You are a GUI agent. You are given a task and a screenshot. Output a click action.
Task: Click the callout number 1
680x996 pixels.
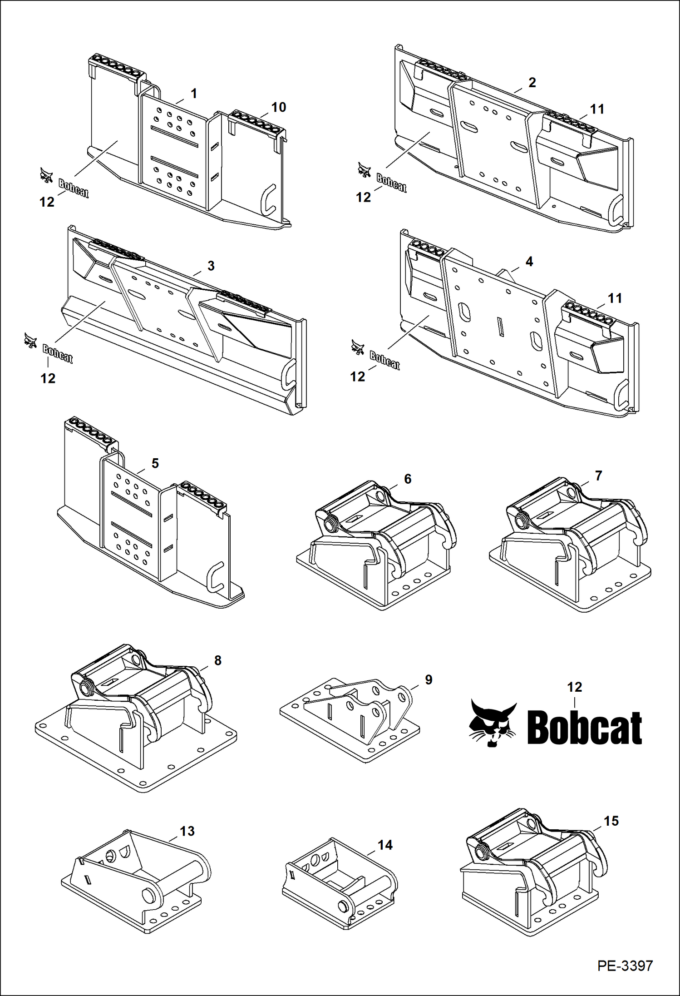pyautogui.click(x=194, y=94)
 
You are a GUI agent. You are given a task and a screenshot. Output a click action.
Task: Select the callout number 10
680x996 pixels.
pyautogui.click(x=278, y=107)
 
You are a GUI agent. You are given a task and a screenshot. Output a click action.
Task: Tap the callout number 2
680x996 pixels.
pyautogui.click(x=532, y=82)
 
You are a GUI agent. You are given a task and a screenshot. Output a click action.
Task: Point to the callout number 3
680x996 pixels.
pyautogui.click(x=211, y=266)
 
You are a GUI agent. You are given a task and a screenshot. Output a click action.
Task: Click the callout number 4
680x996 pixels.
pyautogui.click(x=529, y=262)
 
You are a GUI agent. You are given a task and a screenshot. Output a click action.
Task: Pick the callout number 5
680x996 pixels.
pyautogui.click(x=155, y=463)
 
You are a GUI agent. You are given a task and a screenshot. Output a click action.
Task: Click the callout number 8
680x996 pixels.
pyautogui.click(x=217, y=660)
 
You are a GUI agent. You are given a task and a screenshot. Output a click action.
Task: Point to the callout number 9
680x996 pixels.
pyautogui.click(x=429, y=679)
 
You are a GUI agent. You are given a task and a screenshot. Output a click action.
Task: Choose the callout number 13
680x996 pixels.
pyautogui.click(x=187, y=831)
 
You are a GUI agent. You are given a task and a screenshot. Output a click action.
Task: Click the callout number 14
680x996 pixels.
pyautogui.click(x=385, y=845)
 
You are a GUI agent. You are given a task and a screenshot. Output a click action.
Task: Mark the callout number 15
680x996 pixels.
pyautogui.click(x=611, y=821)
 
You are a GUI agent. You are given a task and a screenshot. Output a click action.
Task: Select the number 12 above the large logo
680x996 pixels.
pyautogui.click(x=574, y=687)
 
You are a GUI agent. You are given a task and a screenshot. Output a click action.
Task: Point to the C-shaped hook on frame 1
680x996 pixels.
pyautogui.click(x=270, y=198)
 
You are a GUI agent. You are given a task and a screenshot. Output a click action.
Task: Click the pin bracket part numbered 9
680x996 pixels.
pyautogui.click(x=359, y=718)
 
